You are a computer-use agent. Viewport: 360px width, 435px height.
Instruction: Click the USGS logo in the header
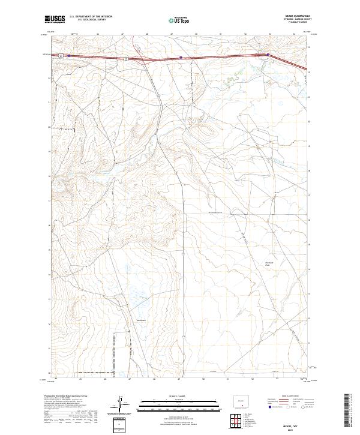pos(55,19)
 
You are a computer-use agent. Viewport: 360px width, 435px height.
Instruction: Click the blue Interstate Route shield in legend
pos(271,407)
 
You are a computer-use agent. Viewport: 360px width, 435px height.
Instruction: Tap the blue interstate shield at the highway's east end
pos(266,54)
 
